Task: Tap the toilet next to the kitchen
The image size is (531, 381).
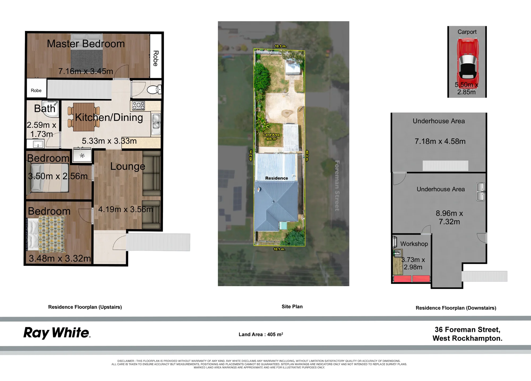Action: coord(154,90)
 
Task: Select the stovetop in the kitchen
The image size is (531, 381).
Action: coord(139,106)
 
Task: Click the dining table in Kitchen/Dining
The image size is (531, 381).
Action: coord(84,117)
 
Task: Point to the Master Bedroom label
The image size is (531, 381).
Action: coord(86,44)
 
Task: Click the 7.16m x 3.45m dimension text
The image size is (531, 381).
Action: coord(86,71)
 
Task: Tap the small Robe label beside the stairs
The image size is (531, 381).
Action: coord(36,90)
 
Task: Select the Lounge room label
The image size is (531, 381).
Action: coord(128,166)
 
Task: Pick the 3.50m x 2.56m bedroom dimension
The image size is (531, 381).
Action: coord(58,176)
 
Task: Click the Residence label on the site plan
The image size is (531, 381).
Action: coord(276,178)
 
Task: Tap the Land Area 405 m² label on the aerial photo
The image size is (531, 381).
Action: coord(271,137)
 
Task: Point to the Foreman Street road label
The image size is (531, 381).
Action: coord(337,186)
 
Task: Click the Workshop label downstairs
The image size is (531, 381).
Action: coord(414,244)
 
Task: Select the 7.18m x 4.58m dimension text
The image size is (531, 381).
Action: coord(440,141)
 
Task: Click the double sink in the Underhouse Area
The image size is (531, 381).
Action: coord(481,191)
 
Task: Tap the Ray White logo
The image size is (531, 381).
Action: coord(57,333)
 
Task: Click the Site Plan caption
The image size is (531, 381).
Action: coord(292,306)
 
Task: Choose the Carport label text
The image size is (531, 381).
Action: coord(467,32)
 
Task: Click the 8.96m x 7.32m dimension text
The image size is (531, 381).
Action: coord(449,217)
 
